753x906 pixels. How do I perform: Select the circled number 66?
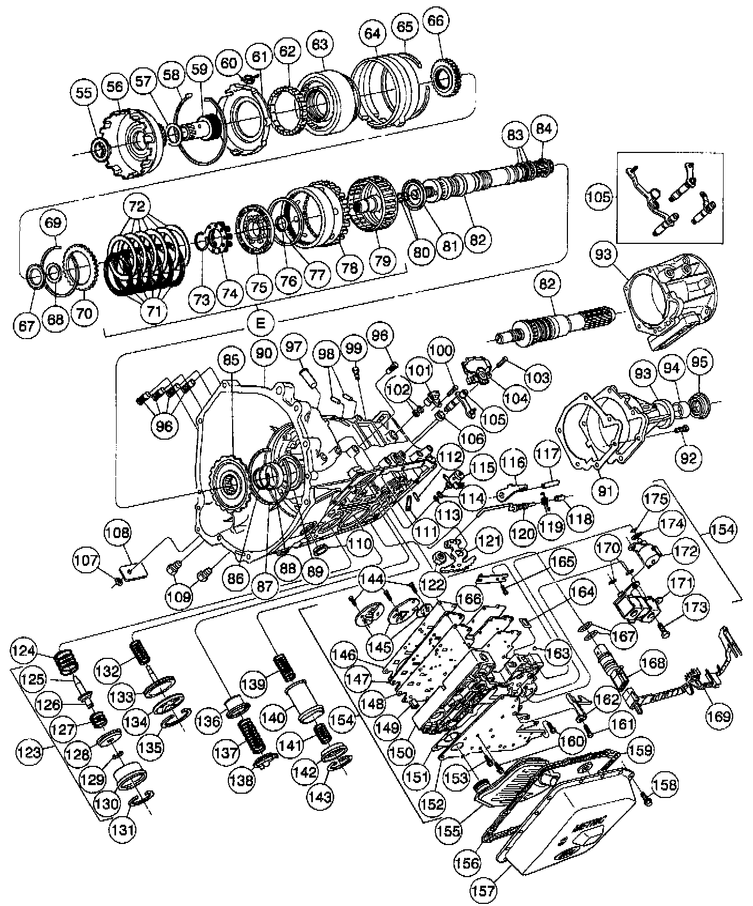tap(436, 21)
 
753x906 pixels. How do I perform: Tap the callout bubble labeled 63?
tap(319, 44)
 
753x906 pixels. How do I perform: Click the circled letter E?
tap(260, 323)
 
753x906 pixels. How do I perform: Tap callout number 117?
tap(547, 456)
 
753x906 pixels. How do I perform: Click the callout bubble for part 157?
tap(484, 890)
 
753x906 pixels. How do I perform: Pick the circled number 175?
tap(656, 499)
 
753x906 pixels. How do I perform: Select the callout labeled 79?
tap(382, 260)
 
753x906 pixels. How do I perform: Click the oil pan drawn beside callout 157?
tap(567, 818)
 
